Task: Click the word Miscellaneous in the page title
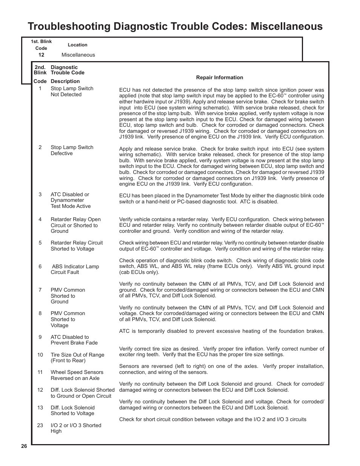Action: (x=286, y=26)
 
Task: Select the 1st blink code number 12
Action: (x=41, y=55)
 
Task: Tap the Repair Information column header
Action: (x=219, y=77)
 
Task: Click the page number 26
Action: (x=24, y=446)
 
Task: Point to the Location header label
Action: (x=77, y=45)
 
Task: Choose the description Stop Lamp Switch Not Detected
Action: (x=72, y=91)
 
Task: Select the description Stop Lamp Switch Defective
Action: (x=72, y=150)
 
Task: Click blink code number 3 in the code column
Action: (x=40, y=194)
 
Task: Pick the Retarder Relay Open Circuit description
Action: (x=75, y=225)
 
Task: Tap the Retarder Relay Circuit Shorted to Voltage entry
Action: (x=77, y=246)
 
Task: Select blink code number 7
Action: (x=40, y=290)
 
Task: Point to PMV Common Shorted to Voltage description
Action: (x=68, y=319)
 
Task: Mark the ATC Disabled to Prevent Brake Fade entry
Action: (x=74, y=340)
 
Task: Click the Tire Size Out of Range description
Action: (x=77, y=358)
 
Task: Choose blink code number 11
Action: (x=40, y=372)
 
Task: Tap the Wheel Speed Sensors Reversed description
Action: (x=77, y=375)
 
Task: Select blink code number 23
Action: (x=40, y=425)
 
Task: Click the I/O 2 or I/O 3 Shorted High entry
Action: (x=76, y=428)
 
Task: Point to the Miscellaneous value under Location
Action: (x=78, y=55)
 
